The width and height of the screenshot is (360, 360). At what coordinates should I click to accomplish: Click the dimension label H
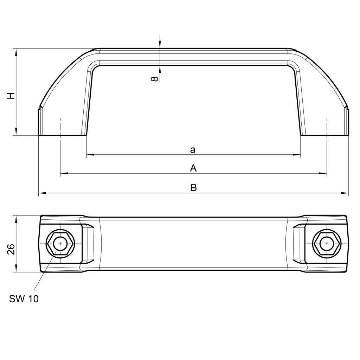point(12,96)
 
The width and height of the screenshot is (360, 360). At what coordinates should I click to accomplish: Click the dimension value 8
point(154,79)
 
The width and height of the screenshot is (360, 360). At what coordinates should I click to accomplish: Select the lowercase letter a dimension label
point(193,150)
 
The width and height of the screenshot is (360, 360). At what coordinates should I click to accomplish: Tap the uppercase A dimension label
point(193,169)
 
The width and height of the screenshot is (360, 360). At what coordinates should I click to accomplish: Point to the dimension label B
point(193,188)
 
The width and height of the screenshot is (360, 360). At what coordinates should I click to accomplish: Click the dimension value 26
point(11,249)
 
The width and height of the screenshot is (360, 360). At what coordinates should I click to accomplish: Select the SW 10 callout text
point(24,299)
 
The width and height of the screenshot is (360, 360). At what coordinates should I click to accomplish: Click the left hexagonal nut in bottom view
point(60,244)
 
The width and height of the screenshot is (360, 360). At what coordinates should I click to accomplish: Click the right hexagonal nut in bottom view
point(327,244)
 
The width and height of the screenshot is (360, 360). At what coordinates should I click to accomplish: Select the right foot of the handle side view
point(325,132)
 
